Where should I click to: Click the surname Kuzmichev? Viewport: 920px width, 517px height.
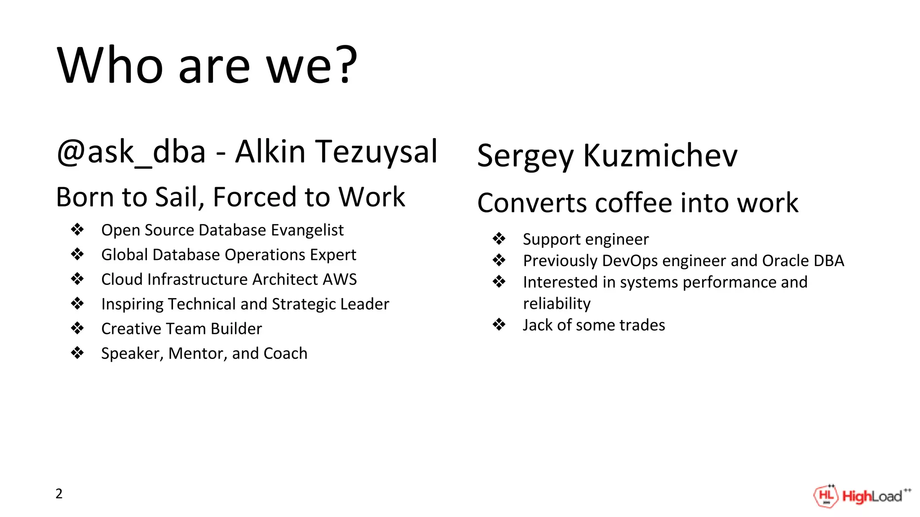pyautogui.click(x=660, y=156)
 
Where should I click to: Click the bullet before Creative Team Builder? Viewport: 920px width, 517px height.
pyautogui.click(x=77, y=329)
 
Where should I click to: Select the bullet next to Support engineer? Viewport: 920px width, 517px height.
pyautogui.click(x=499, y=239)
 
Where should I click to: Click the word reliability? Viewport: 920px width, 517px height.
pyautogui.click(x=557, y=304)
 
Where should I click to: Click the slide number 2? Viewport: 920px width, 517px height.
pyautogui.click(x=59, y=494)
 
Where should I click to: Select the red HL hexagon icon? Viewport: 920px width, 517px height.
pyautogui.click(x=826, y=496)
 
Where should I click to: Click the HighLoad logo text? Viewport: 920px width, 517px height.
pyautogui.click(x=872, y=496)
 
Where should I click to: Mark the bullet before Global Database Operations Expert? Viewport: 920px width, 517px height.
pyautogui.click(x=77, y=254)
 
